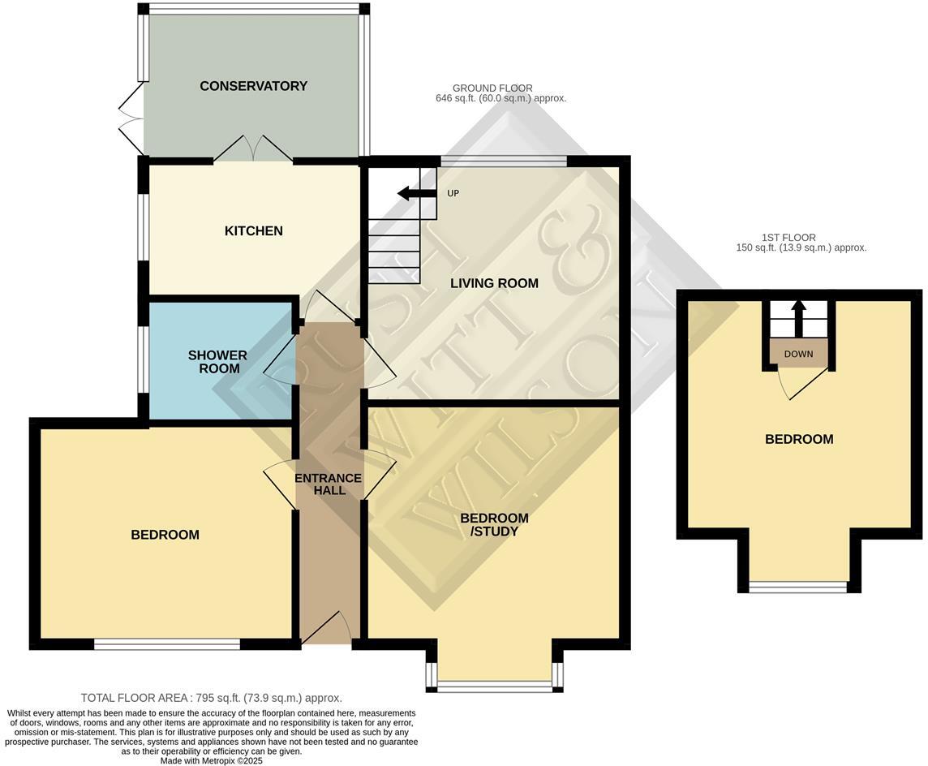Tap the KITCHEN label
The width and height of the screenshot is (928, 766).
pos(253,231)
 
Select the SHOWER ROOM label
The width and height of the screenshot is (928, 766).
pos(217,362)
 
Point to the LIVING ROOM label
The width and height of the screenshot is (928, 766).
pos(494,283)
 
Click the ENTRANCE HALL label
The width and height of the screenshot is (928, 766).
pos(328,484)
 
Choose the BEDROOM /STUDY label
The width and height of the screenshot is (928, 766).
pos(494,524)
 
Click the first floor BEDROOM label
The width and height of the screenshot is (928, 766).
pos(799,439)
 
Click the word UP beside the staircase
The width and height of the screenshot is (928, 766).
pos(453,194)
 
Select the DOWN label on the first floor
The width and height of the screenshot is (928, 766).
pos(798,354)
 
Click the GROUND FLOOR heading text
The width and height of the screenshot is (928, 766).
pos(492,88)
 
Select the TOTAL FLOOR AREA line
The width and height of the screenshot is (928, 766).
pos(211,698)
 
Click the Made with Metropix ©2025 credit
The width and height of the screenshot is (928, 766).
pos(211,761)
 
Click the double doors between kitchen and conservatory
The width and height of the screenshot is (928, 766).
pos(253,150)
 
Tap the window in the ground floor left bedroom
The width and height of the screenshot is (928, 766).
pos(166,644)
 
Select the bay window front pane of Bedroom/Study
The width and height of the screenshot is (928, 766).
pos(494,688)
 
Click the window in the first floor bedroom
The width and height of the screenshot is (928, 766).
pos(798,587)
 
